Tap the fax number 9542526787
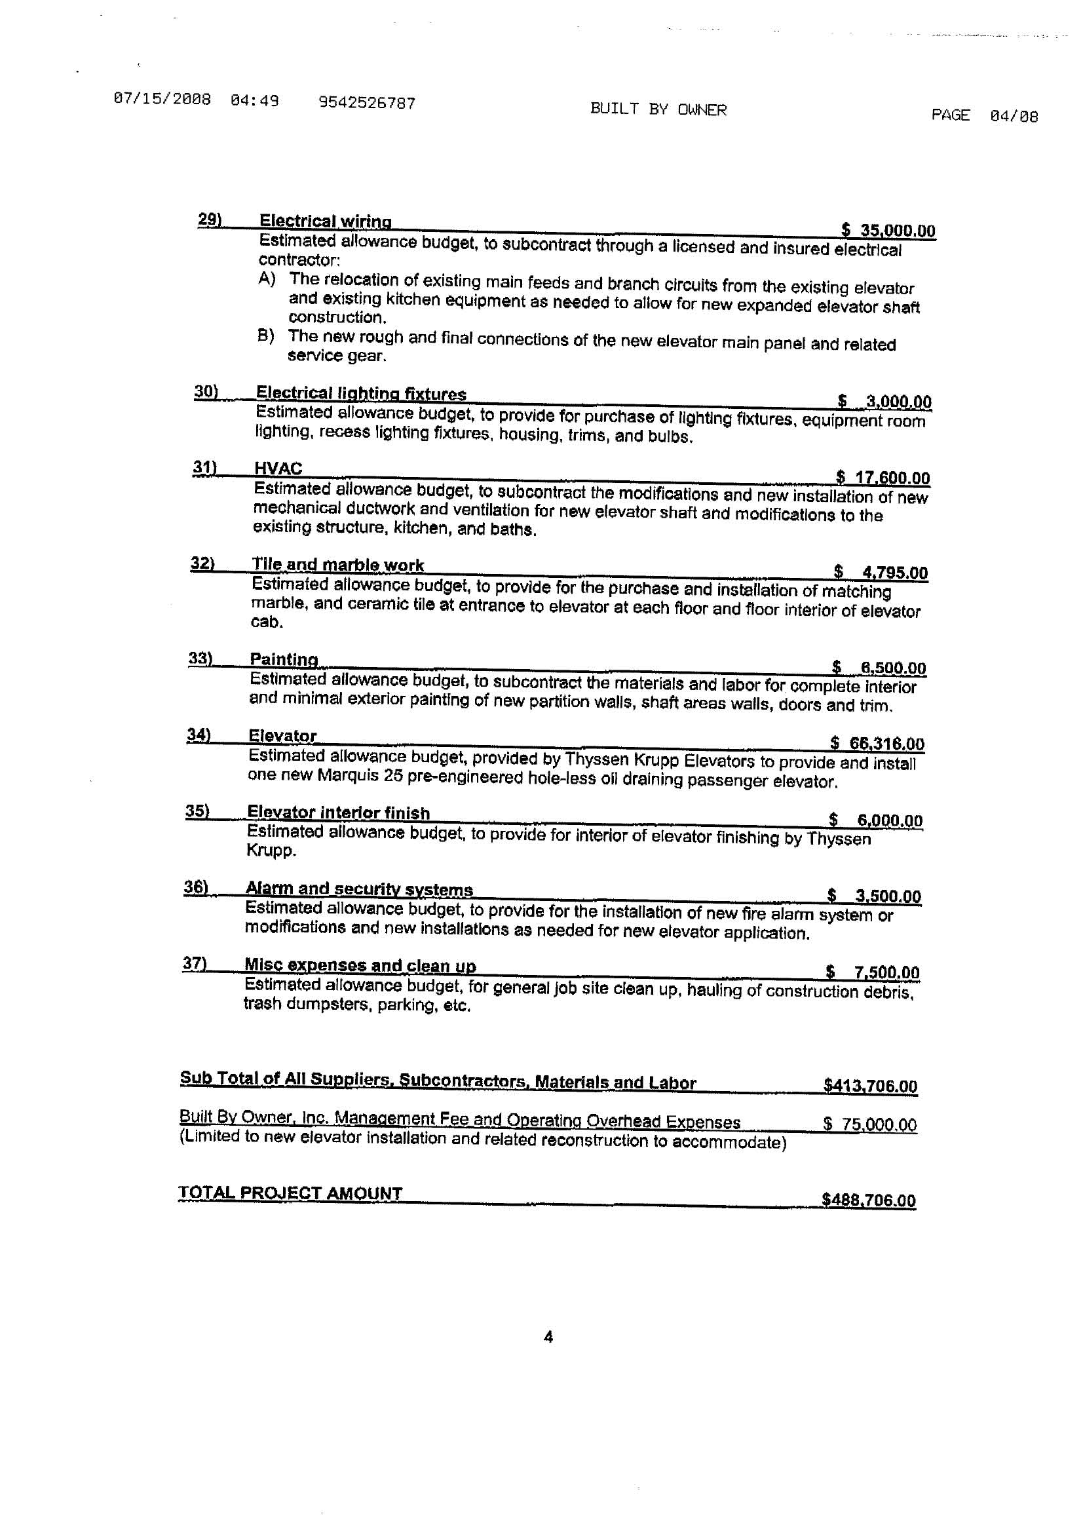[367, 103]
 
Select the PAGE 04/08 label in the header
[984, 115]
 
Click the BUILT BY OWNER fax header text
[658, 109]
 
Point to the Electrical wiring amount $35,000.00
[888, 231]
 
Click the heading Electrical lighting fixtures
[361, 394]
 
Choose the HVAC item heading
[278, 469]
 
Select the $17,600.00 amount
[883, 478]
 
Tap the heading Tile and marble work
[337, 565]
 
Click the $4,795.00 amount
[881, 573]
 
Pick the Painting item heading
[284, 659]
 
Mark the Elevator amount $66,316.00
[877, 743]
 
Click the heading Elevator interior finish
[338, 813]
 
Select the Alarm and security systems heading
[359, 889]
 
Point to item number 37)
[194, 963]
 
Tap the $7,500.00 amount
[873, 972]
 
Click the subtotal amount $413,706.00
[870, 1086]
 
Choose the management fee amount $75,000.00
[869, 1124]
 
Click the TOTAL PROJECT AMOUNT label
[290, 1193]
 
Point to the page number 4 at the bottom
[548, 1337]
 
